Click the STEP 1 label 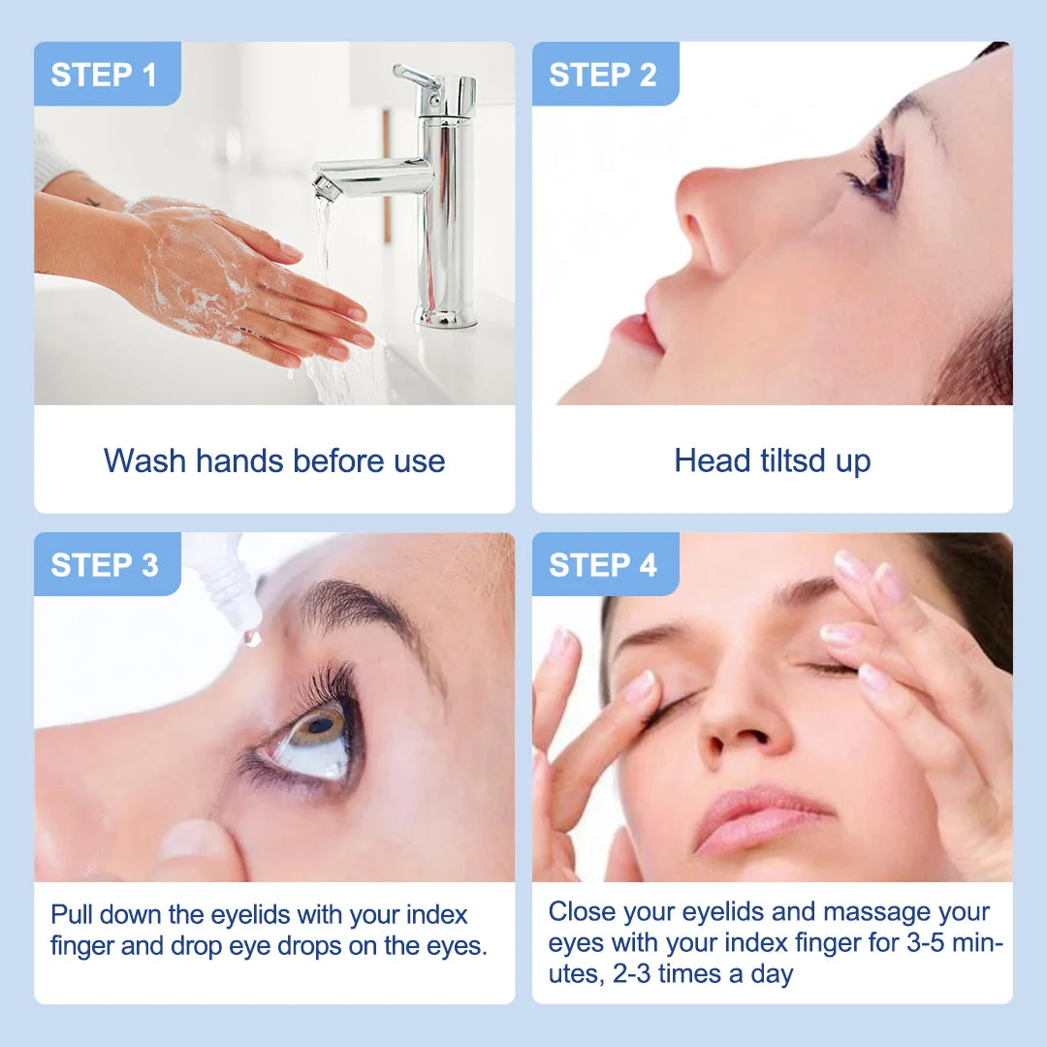[104, 74]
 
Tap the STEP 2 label [602, 74]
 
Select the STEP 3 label [104, 565]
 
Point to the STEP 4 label [602, 565]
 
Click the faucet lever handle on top [416, 78]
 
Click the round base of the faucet [446, 316]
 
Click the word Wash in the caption [144, 460]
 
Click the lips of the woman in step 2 [638, 331]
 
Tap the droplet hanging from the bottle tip [252, 637]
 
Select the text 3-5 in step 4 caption [926, 943]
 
